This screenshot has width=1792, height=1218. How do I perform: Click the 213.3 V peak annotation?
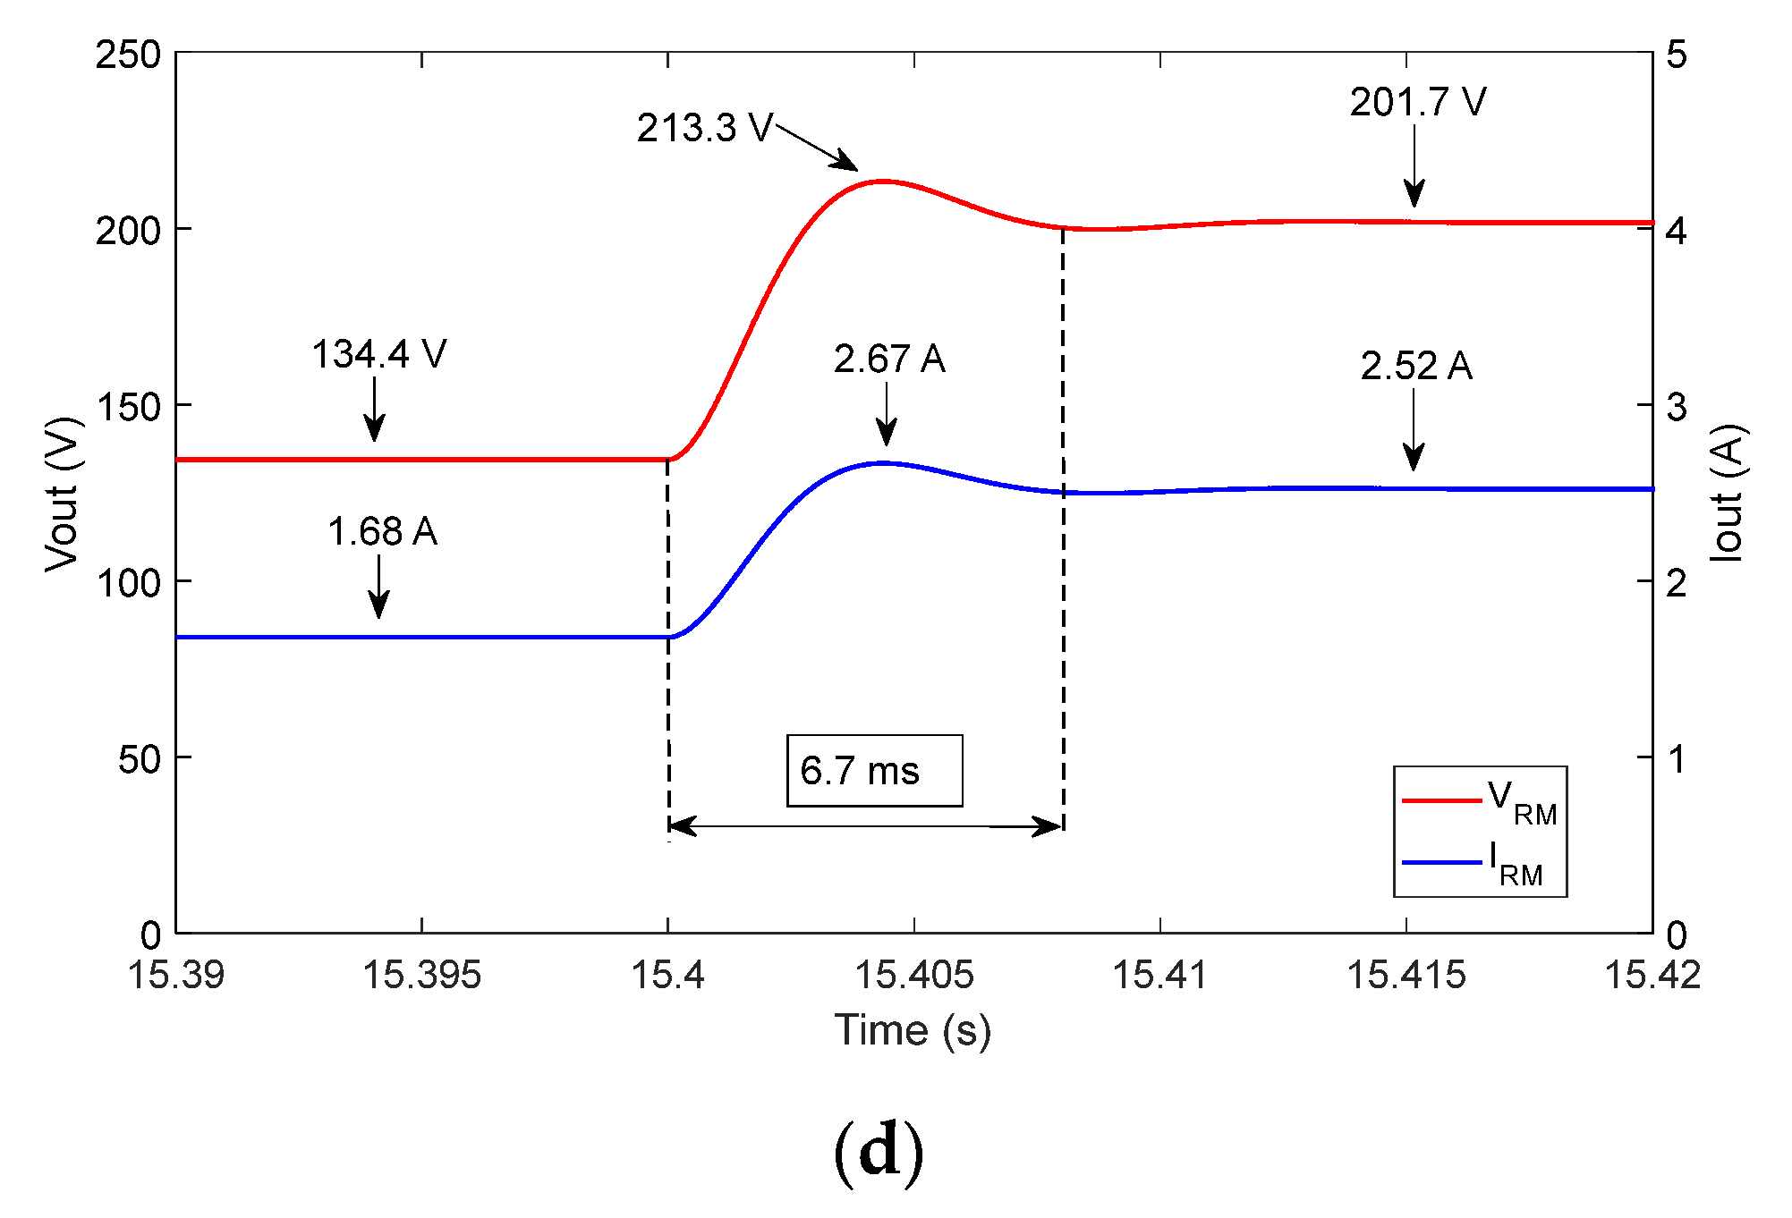click(x=704, y=129)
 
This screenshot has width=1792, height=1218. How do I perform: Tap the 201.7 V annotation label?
click(x=1418, y=103)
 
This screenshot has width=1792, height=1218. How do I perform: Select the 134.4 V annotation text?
click(x=378, y=355)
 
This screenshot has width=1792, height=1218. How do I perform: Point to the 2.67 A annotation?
click(x=889, y=359)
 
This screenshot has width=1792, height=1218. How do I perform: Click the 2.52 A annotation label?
click(x=1416, y=366)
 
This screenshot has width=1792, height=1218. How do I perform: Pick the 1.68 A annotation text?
click(x=382, y=532)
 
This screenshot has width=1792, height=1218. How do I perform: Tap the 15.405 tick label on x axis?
click(x=914, y=975)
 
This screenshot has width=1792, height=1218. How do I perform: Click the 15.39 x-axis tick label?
click(x=176, y=975)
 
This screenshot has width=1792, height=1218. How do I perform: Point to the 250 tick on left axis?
click(x=128, y=55)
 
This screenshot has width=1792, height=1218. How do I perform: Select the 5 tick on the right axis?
click(x=1676, y=55)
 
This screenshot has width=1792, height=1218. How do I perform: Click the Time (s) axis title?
click(x=913, y=1030)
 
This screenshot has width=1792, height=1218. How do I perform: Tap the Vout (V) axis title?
click(x=64, y=493)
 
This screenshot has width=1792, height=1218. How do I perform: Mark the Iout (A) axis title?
click(x=1728, y=493)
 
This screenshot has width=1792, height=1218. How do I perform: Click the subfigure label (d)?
click(x=878, y=1152)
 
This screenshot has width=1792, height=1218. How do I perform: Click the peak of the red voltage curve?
click(x=884, y=182)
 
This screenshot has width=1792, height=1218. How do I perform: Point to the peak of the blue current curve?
click(x=884, y=463)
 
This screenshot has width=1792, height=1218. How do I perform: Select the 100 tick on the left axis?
click(x=128, y=583)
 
